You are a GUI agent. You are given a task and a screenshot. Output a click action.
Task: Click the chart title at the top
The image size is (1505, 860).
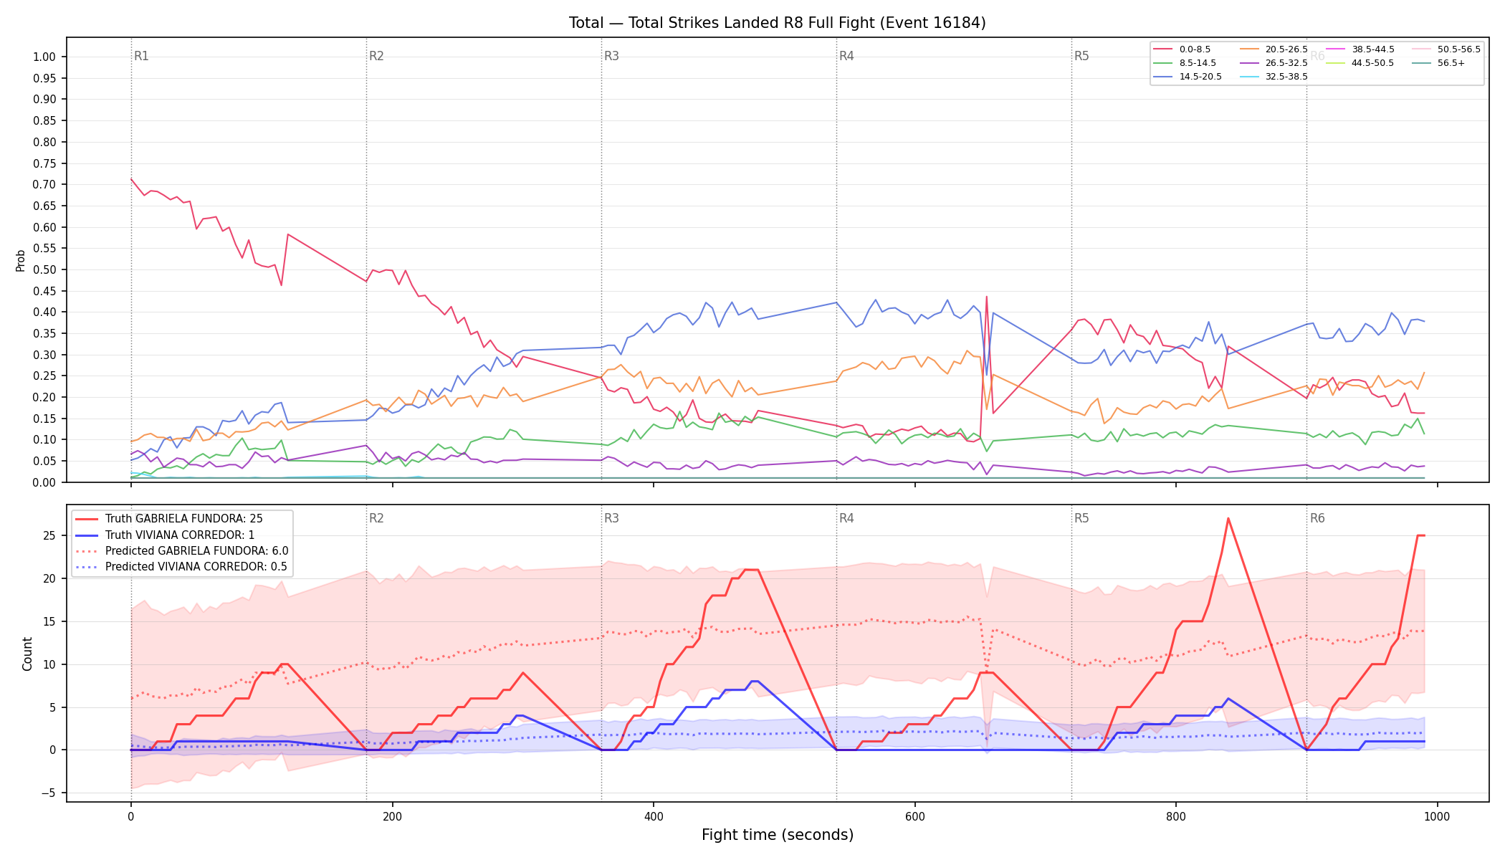click(777, 23)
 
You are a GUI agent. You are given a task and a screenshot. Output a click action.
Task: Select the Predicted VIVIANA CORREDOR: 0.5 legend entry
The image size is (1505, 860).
click(181, 567)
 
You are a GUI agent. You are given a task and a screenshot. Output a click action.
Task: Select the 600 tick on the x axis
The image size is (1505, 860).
click(914, 817)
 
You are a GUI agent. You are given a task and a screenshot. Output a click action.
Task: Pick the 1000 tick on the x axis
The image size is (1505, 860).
click(1437, 817)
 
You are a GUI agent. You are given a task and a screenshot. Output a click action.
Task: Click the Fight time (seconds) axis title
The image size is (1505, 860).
click(778, 835)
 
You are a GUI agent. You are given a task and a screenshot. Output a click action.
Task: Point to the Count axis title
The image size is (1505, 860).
click(27, 654)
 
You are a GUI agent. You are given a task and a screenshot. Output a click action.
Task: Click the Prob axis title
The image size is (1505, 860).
click(20, 261)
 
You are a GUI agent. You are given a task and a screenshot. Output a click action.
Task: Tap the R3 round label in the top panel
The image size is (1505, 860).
click(611, 56)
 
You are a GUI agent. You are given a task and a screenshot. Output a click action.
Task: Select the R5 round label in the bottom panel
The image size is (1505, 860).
click(1081, 518)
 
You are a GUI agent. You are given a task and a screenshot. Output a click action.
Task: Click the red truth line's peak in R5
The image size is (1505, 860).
click(1228, 518)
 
